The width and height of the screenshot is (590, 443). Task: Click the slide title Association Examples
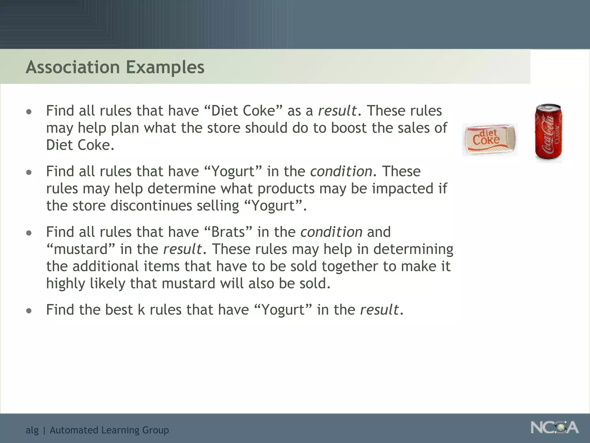pos(115,67)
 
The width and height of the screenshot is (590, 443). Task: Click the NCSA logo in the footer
pos(554,427)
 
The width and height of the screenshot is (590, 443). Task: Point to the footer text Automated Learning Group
pos(109,430)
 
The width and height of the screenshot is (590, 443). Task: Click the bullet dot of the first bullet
pos(29,112)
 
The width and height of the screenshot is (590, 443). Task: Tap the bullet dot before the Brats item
pos(29,233)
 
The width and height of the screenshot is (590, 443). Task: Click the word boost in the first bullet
pos(349,128)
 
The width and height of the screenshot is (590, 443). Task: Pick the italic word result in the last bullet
pos(379,310)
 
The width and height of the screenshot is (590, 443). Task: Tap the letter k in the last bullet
pos(141,310)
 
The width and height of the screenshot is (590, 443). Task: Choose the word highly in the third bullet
pos(65,284)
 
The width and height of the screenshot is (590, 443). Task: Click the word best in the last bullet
pos(119,310)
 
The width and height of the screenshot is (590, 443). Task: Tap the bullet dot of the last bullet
pos(29,311)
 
